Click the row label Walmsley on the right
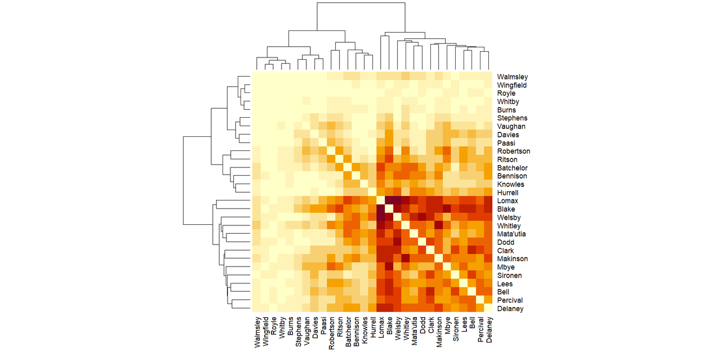pos(512,77)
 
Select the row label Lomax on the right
pos(507,201)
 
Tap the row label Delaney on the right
pos(510,309)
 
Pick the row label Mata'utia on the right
pos(511,234)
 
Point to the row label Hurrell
pos(509,193)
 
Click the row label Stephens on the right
pos(512,118)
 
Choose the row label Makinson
pos(513,259)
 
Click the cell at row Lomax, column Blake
pos(389,201)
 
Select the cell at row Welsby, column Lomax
pos(381,217)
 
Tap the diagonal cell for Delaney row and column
pos(488,309)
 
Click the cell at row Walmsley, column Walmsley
pos(256,77)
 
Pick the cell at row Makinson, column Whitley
pos(406,259)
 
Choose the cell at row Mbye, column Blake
pos(389,267)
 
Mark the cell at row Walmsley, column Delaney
pos(488,77)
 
